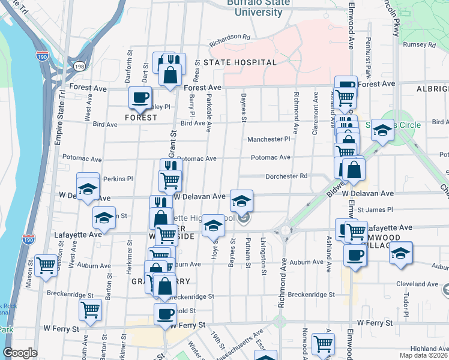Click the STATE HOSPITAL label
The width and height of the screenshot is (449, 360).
[240, 62]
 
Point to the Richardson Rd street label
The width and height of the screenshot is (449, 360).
[229, 40]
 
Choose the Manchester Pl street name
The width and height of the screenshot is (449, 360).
[269, 139]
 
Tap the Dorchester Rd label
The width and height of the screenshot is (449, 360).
[286, 176]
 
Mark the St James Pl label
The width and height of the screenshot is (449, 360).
[375, 210]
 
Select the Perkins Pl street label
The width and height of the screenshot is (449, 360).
[118, 179]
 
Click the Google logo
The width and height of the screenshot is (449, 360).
[20, 353]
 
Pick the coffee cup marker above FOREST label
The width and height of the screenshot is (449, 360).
[140, 97]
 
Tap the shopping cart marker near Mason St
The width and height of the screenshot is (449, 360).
[46, 265]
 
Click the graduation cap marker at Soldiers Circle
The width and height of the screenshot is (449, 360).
[382, 130]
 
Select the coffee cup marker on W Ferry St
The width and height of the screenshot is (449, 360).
[165, 313]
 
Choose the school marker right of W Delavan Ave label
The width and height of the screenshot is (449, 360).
[241, 200]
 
